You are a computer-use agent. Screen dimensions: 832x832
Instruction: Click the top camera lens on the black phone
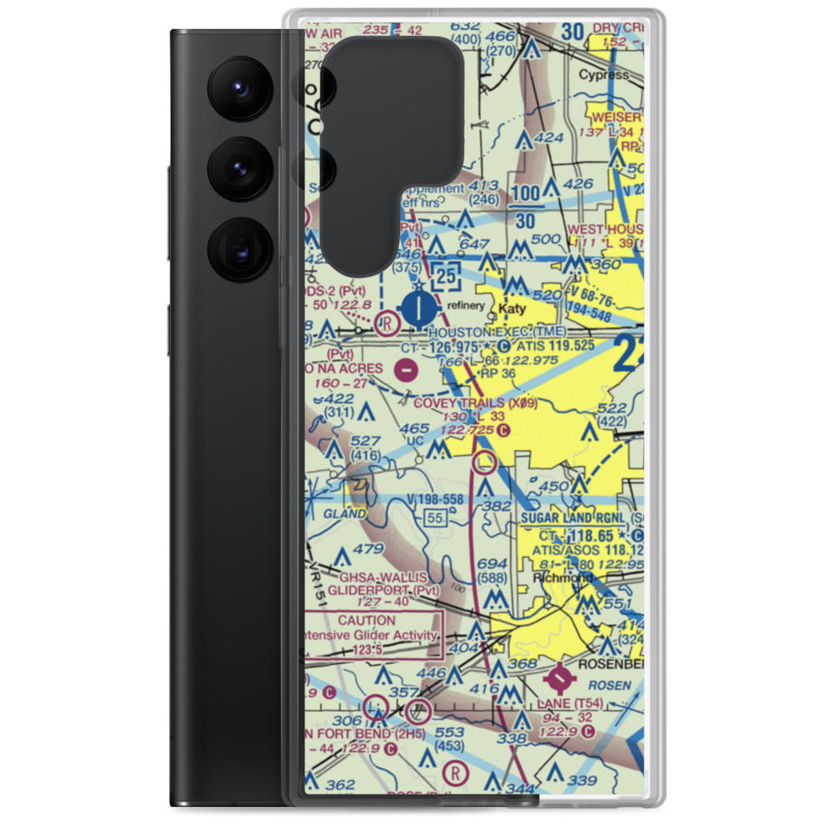(x=238, y=87)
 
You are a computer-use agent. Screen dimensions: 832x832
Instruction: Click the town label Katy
(x=513, y=309)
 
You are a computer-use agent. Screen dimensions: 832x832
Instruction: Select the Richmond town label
(x=566, y=577)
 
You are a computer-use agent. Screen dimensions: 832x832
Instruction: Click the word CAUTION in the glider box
(x=367, y=620)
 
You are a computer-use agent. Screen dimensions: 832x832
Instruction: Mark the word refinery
(x=464, y=305)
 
